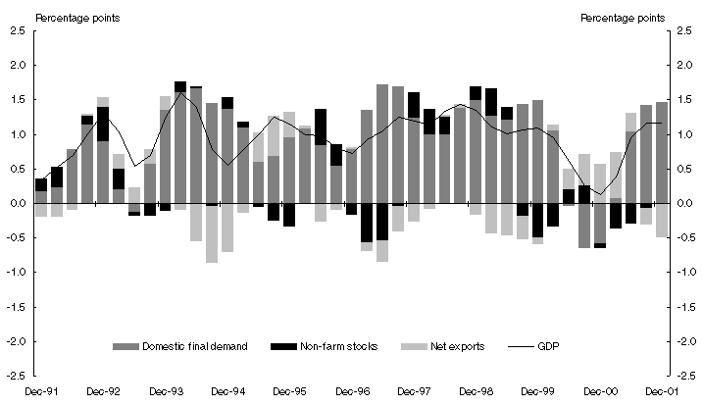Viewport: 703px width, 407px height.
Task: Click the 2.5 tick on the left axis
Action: coord(18,31)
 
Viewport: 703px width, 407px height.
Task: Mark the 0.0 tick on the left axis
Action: coord(18,203)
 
